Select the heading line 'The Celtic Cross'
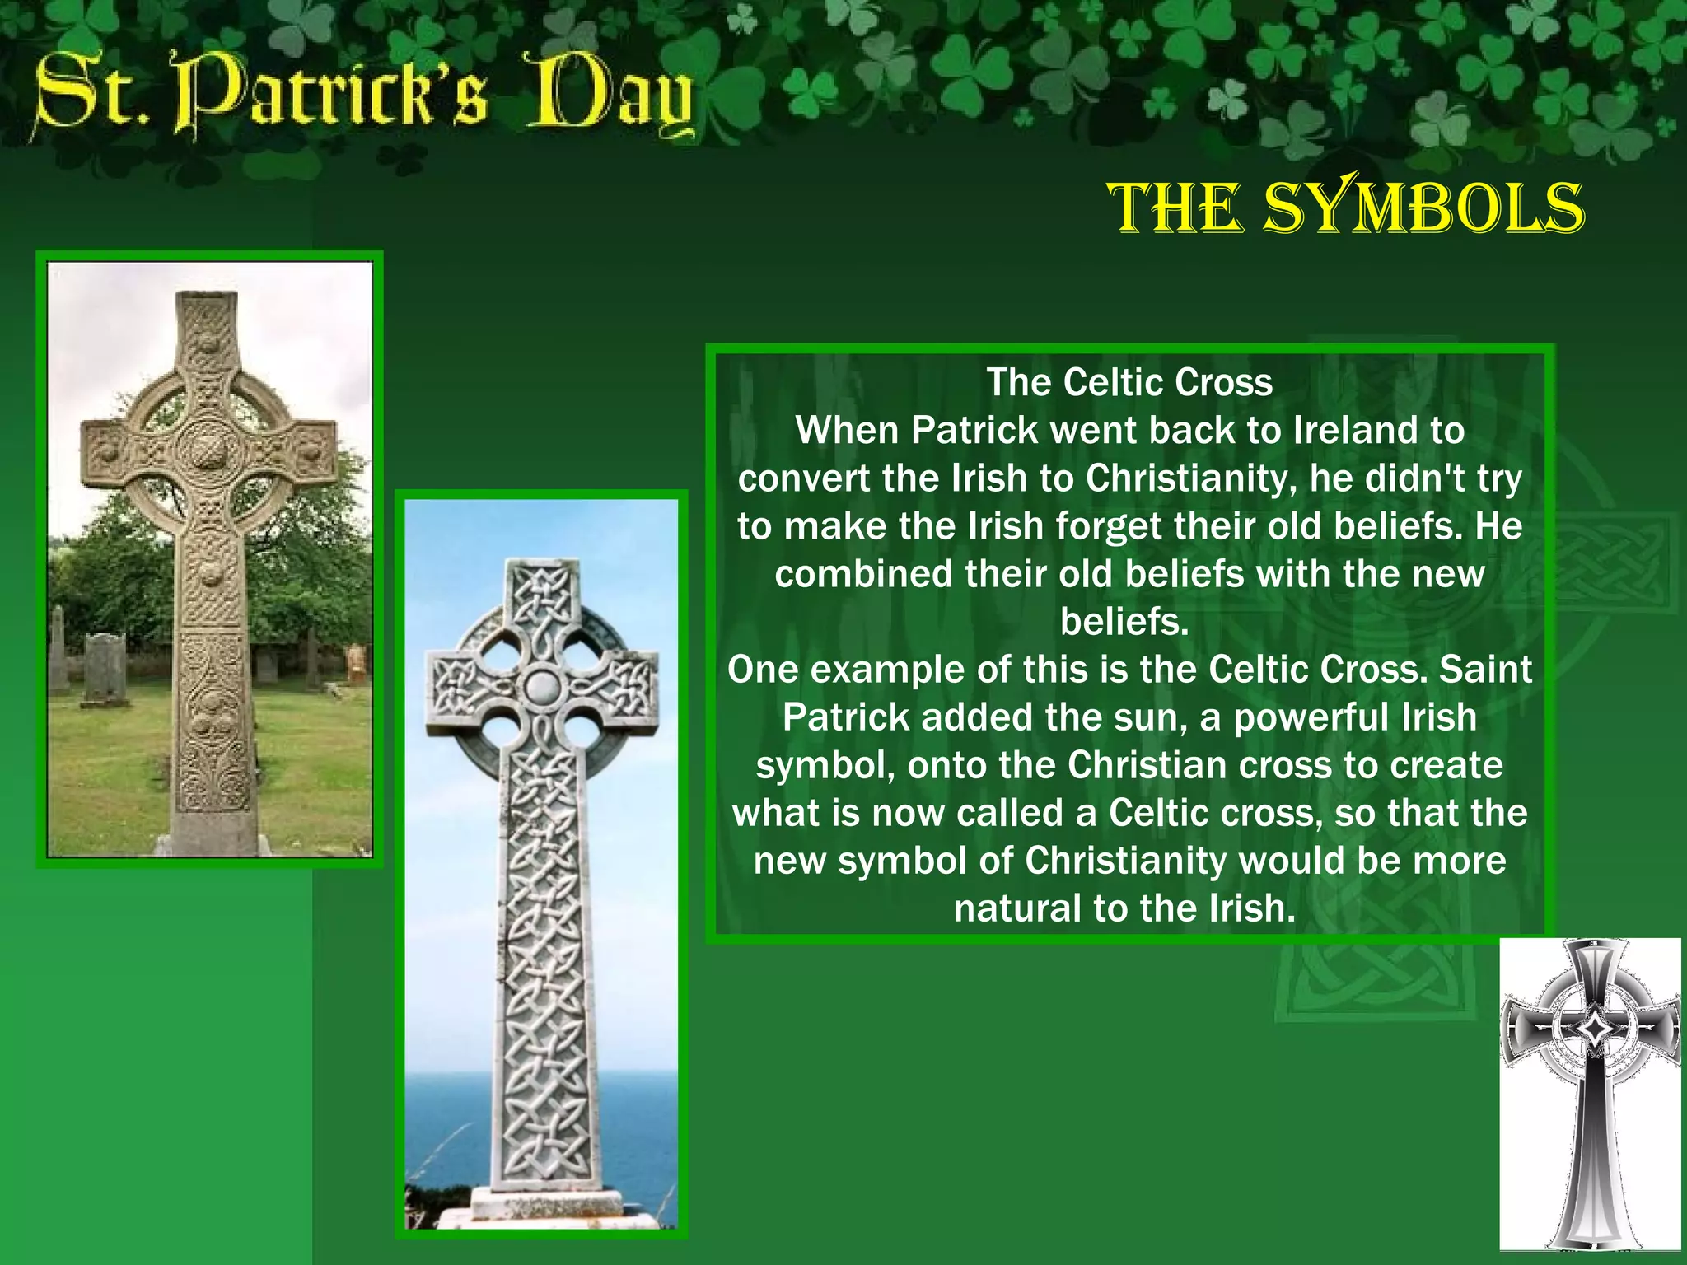click(1129, 383)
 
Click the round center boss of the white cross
click(541, 685)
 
